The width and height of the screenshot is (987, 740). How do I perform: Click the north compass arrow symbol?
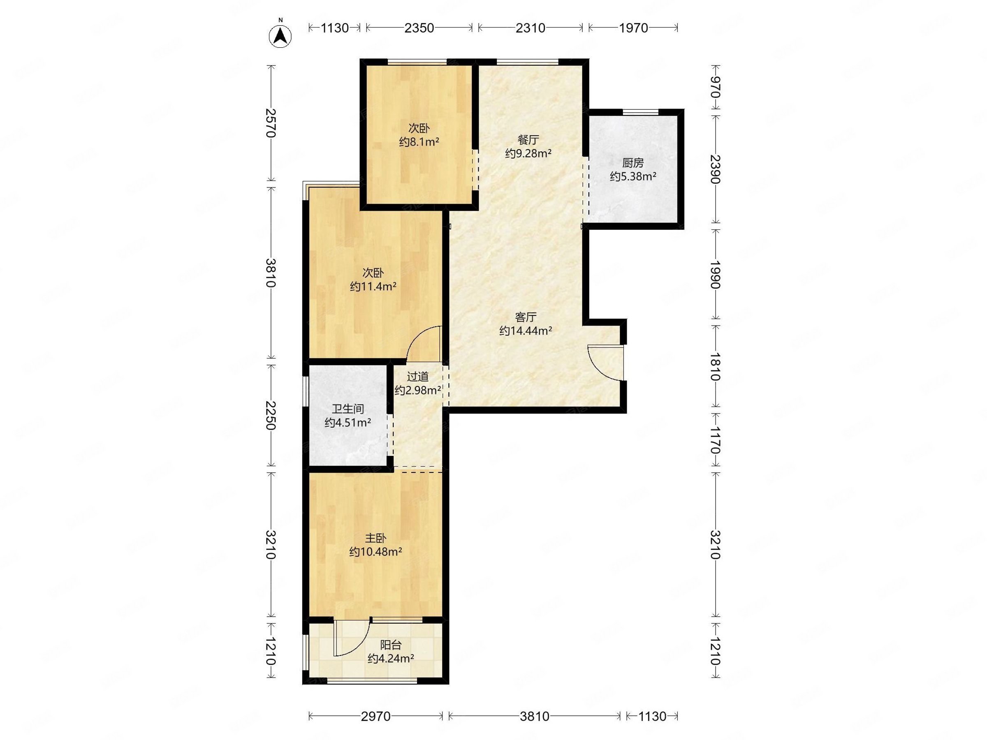click(280, 35)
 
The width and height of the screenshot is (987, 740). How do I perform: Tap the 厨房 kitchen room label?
click(633, 163)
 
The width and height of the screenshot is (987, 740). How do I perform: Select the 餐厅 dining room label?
click(528, 140)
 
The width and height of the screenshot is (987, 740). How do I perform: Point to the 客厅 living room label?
click(526, 317)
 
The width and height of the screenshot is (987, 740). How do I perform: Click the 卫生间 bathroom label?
click(348, 409)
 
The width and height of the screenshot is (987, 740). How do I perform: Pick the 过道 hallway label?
click(418, 377)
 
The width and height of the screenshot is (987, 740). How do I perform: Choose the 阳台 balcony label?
click(391, 645)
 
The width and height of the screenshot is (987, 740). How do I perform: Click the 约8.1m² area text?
click(419, 142)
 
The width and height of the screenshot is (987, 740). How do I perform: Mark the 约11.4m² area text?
click(373, 287)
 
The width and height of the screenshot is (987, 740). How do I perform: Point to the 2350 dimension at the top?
click(419, 28)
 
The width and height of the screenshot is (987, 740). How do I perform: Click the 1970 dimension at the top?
click(633, 28)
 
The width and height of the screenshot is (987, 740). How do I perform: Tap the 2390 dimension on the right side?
click(715, 169)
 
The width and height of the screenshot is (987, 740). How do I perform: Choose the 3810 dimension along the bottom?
click(535, 716)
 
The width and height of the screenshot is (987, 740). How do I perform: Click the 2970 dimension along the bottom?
click(376, 716)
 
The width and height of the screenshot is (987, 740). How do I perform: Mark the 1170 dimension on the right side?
click(715, 440)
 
